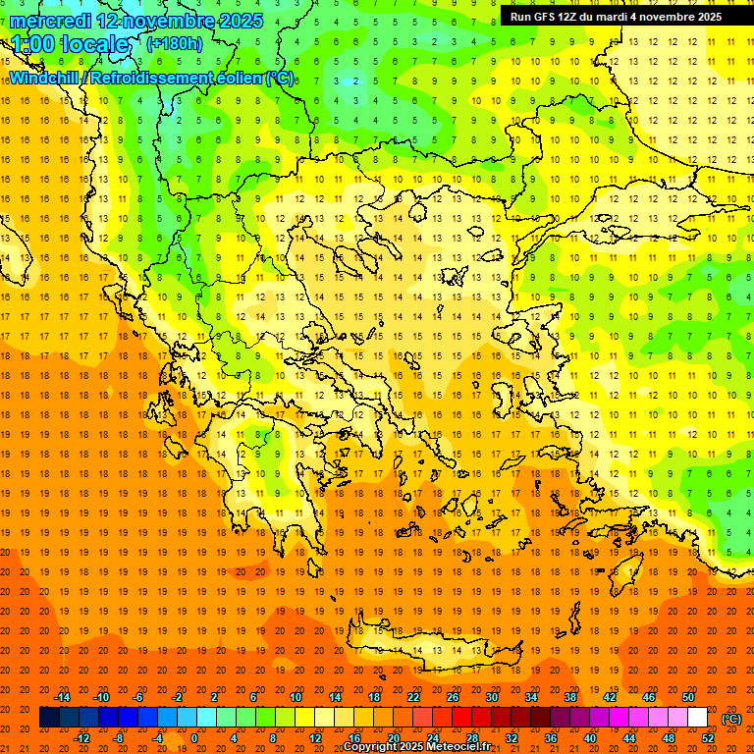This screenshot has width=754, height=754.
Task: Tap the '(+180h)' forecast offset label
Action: [174, 43]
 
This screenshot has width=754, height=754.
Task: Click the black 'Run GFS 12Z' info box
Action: [616, 17]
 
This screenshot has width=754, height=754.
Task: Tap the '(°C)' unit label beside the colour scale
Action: [731, 719]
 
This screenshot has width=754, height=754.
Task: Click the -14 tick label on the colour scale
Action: [64, 697]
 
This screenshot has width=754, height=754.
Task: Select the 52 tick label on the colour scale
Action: [708, 738]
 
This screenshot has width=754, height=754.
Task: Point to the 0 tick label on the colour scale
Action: [194, 738]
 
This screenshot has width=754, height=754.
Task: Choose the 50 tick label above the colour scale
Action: [687, 697]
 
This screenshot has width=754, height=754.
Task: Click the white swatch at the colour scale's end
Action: [697, 718]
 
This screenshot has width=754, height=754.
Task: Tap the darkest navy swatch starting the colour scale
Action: [49, 718]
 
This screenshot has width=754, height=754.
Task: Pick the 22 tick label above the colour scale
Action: [413, 697]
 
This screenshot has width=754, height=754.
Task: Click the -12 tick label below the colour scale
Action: [82, 738]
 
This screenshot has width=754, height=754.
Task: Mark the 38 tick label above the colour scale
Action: [569, 697]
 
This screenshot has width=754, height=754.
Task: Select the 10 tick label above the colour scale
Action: [296, 697]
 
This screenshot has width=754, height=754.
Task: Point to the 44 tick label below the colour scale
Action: [629, 738]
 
